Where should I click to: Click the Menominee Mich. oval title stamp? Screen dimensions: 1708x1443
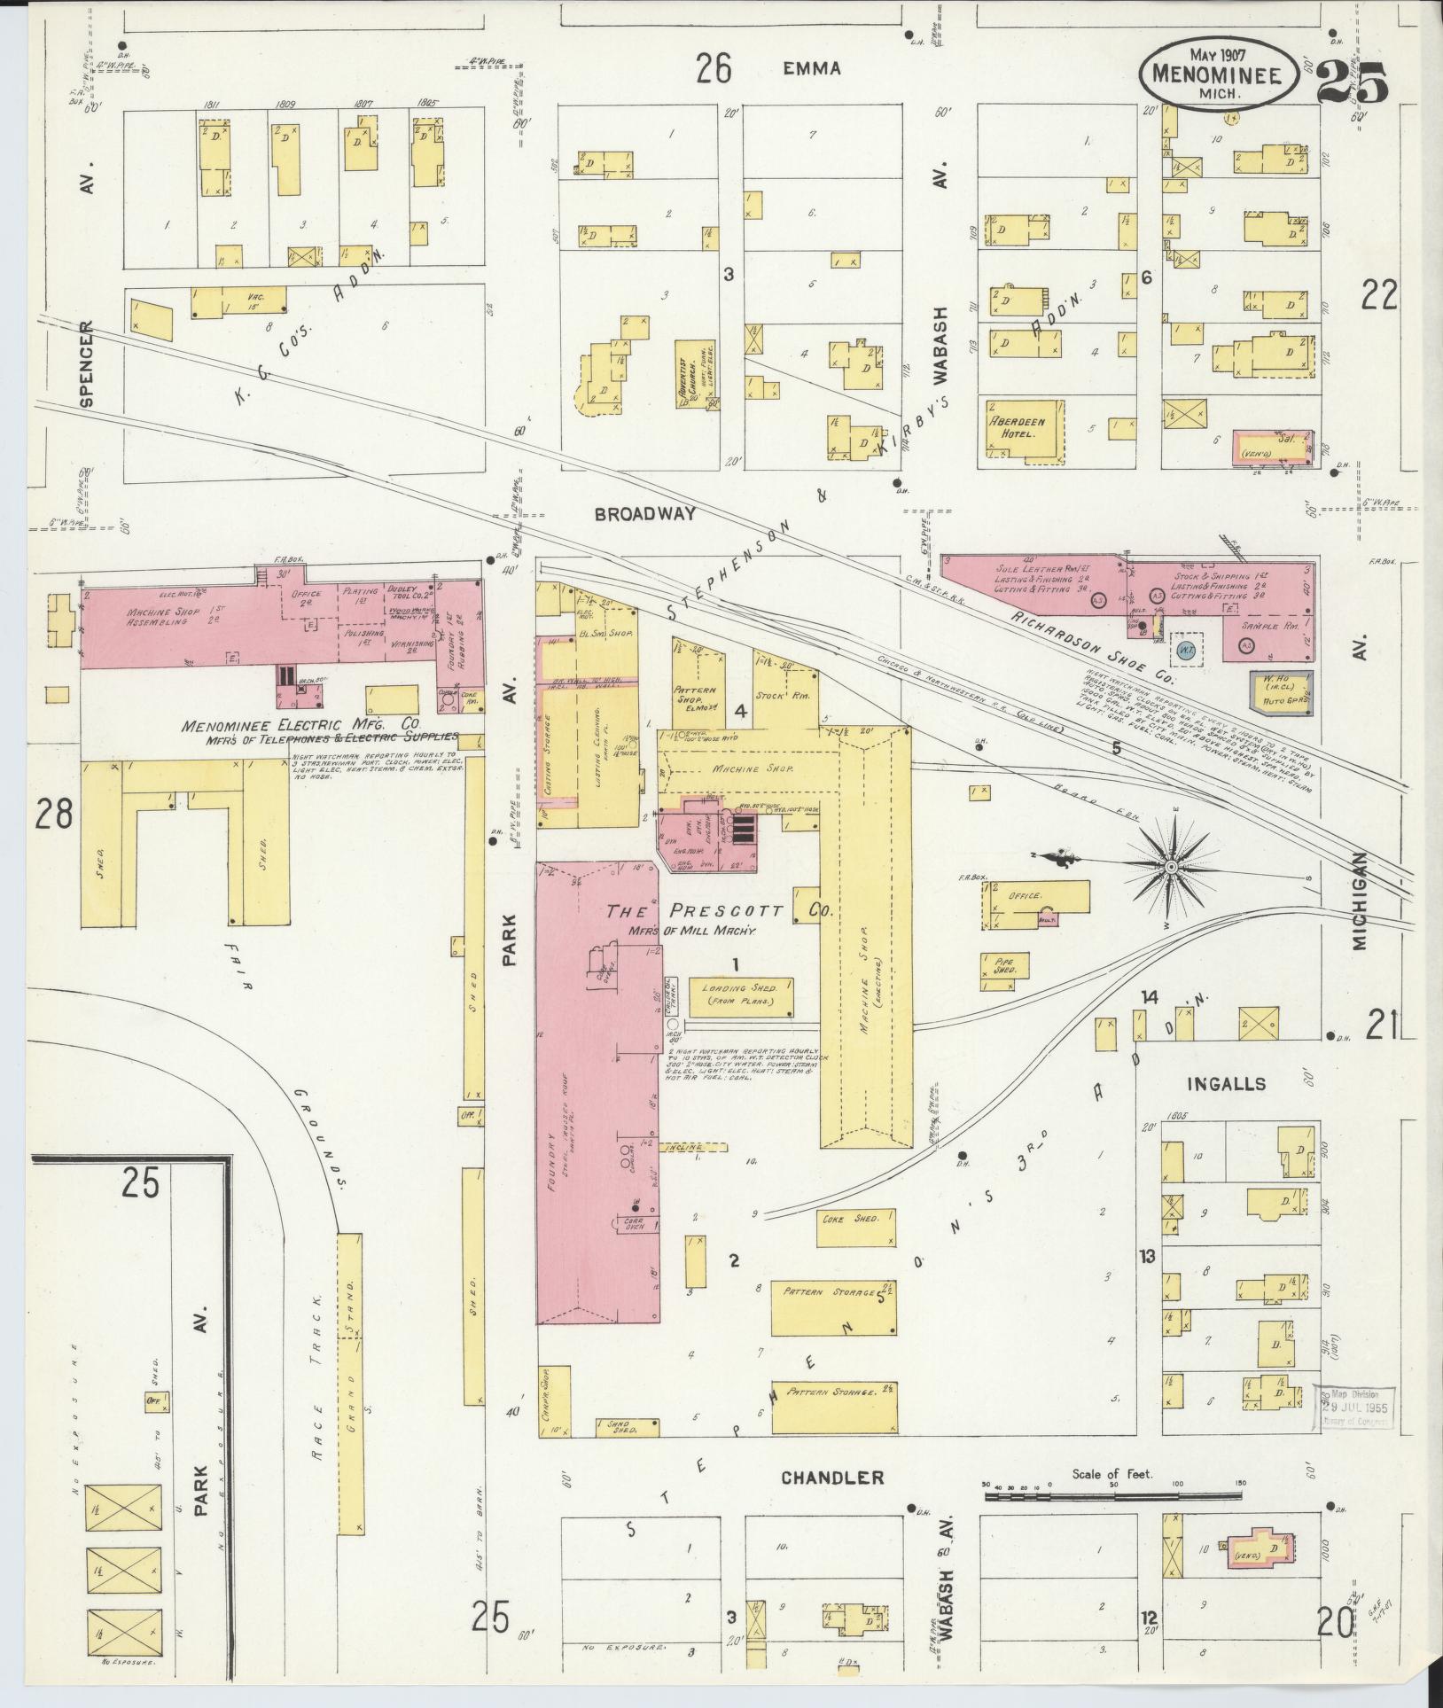click(1221, 75)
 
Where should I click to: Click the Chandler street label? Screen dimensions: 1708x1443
click(831, 1477)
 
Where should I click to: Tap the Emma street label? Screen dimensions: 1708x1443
click(811, 68)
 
